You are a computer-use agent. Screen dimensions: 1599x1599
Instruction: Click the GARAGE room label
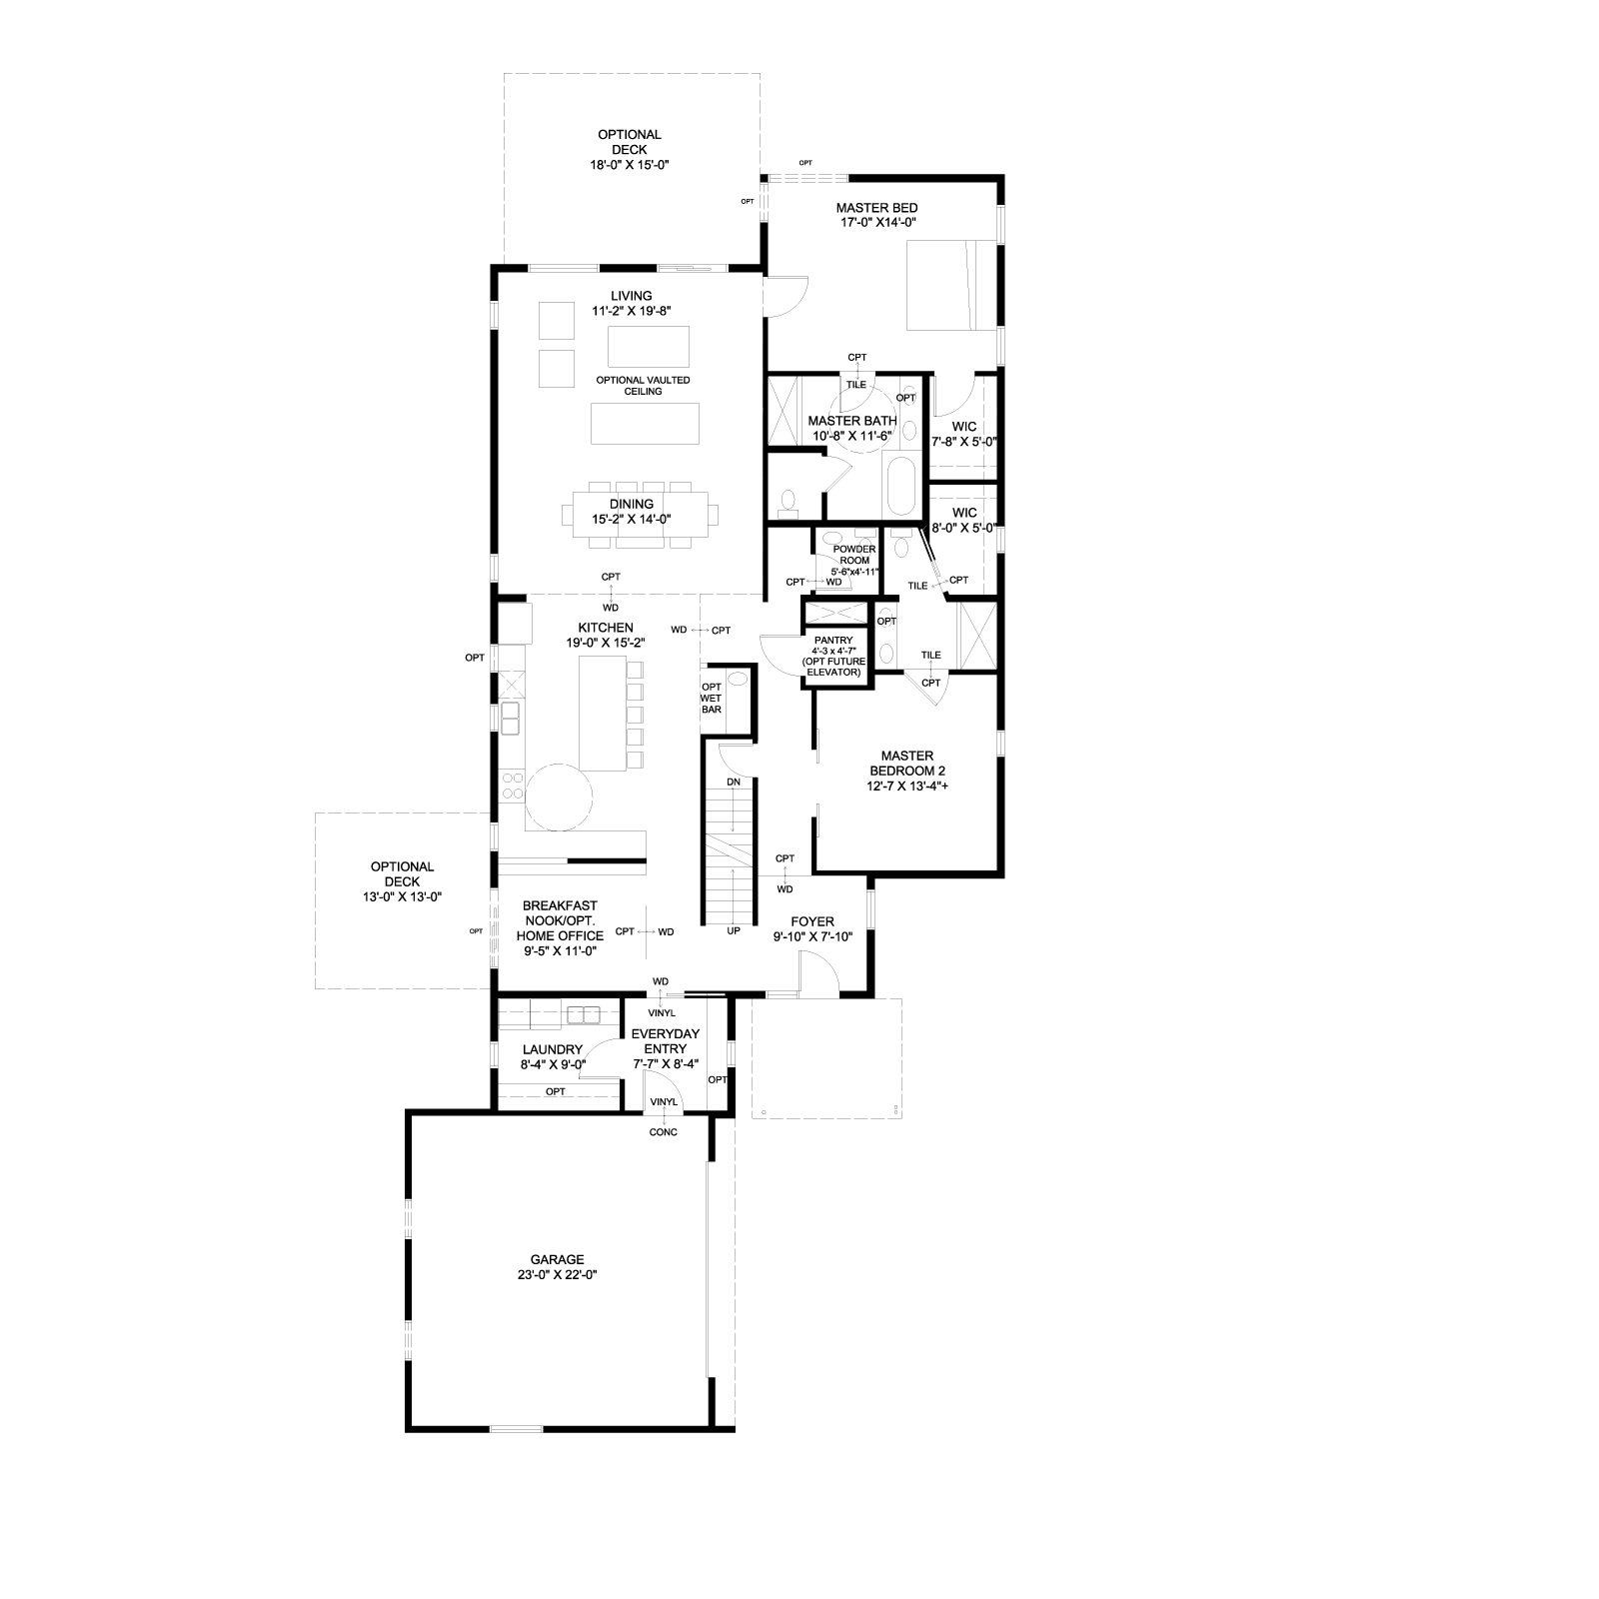pyautogui.click(x=558, y=1267)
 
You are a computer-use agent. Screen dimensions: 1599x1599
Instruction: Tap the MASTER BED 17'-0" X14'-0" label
pyautogui.click(x=877, y=216)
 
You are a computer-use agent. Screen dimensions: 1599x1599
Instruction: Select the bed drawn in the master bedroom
pyautogui.click(x=950, y=285)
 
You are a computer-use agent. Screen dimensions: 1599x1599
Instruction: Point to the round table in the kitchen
pyautogui.click(x=560, y=797)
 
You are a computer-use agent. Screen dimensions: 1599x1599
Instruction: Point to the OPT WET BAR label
pyautogui.click(x=712, y=698)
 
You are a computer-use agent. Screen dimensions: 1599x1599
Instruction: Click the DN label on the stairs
pyautogui.click(x=734, y=782)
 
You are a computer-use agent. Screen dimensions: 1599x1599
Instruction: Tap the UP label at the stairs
pyautogui.click(x=734, y=930)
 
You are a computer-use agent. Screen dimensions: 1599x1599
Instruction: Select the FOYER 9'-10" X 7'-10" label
pyautogui.click(x=811, y=929)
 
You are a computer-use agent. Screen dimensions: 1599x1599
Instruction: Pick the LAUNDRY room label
pyautogui.click(x=553, y=1057)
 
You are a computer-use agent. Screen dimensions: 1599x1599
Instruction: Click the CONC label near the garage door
pyautogui.click(x=663, y=1132)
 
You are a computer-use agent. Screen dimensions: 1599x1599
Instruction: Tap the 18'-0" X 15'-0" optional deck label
pyautogui.click(x=630, y=150)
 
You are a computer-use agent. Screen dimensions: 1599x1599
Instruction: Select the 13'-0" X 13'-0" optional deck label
pyautogui.click(x=402, y=882)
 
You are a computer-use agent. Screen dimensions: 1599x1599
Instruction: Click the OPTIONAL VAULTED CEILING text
pyautogui.click(x=643, y=386)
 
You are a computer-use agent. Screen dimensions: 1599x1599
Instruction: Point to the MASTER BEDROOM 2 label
pyautogui.click(x=906, y=771)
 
